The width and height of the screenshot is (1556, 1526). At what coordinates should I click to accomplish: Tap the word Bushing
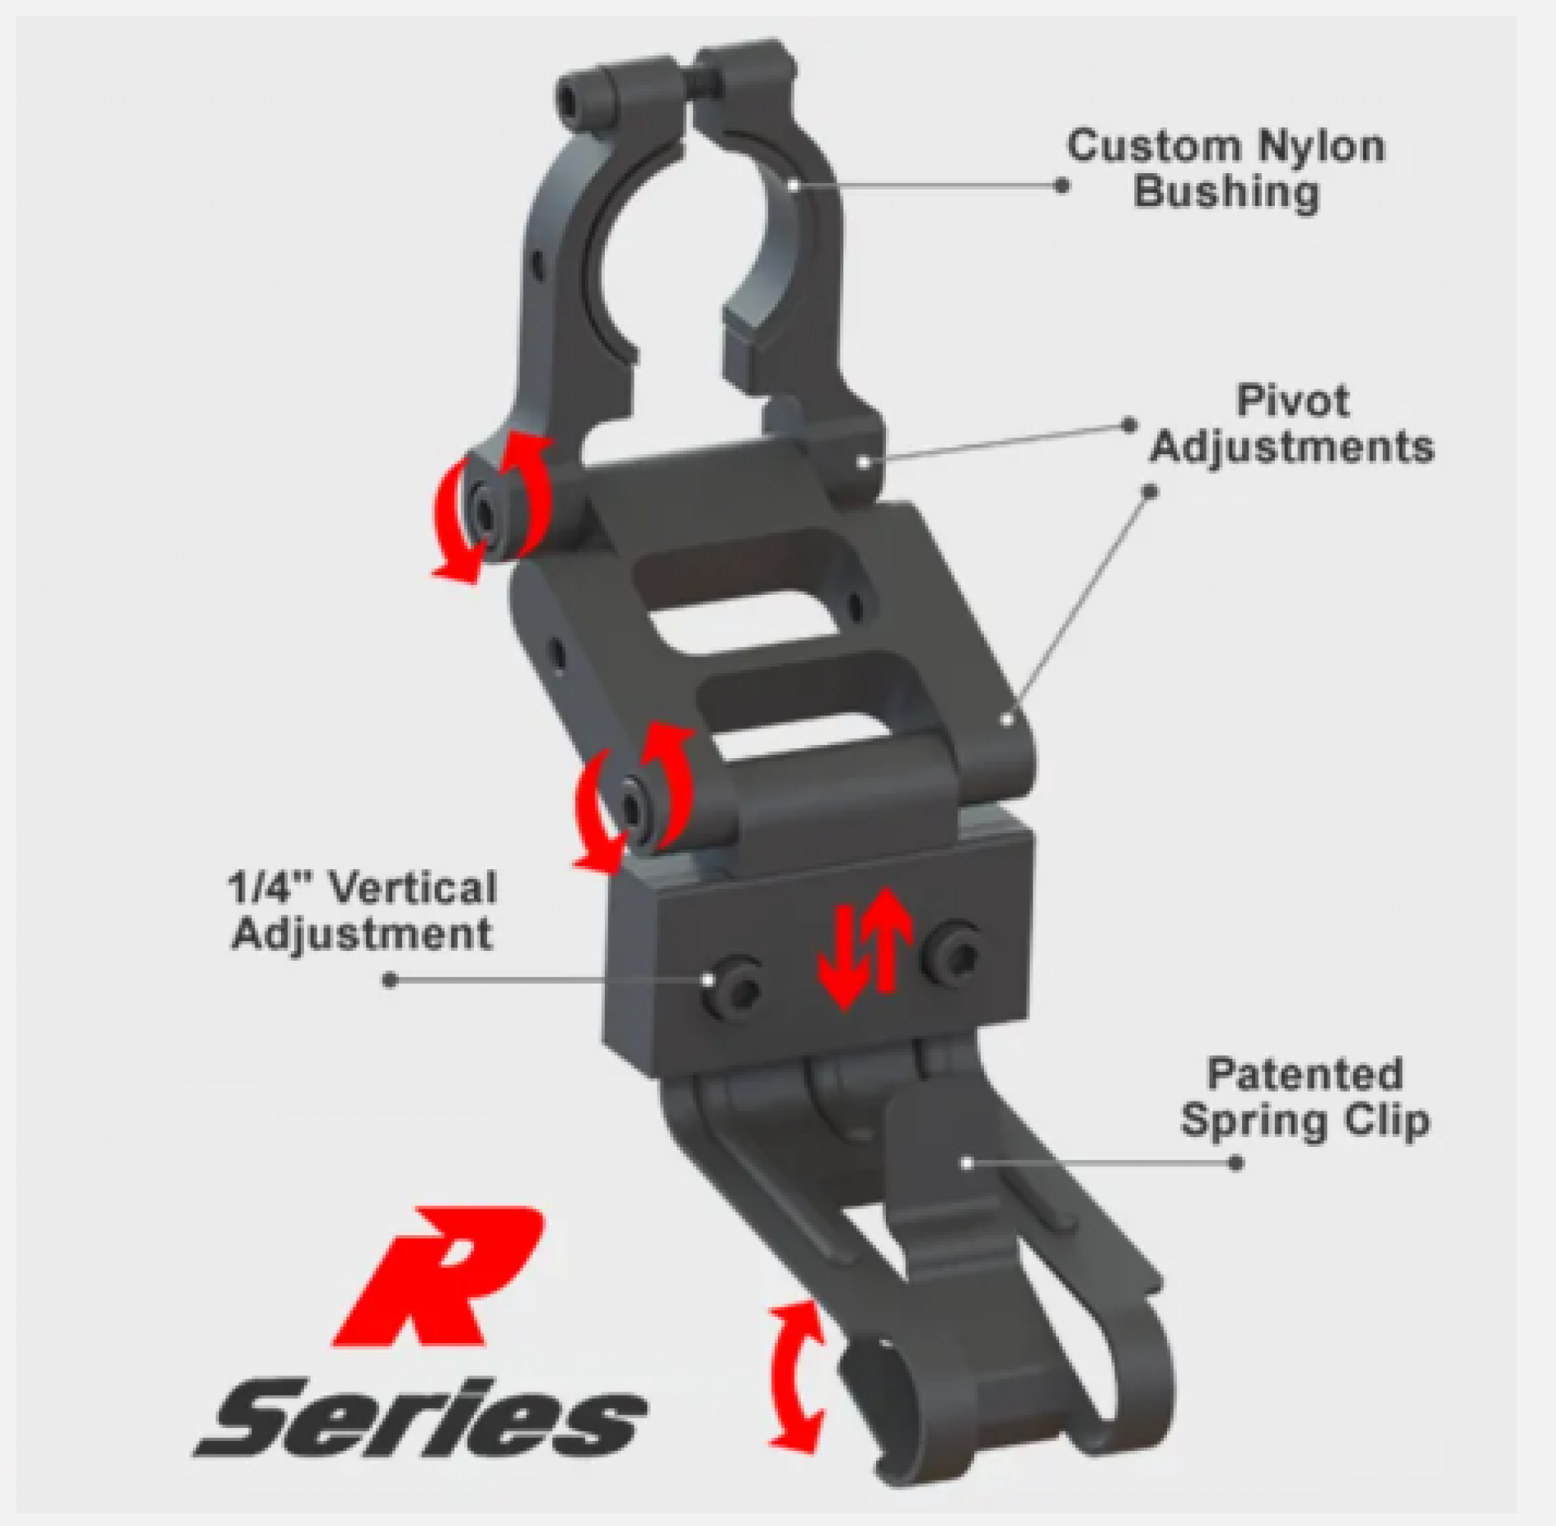click(x=1226, y=194)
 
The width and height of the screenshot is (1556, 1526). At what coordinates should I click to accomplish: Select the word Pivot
click(x=1293, y=401)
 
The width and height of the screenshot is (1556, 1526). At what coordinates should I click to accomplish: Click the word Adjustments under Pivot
click(x=1292, y=447)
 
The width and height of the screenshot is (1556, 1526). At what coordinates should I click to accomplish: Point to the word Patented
click(x=1305, y=1075)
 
